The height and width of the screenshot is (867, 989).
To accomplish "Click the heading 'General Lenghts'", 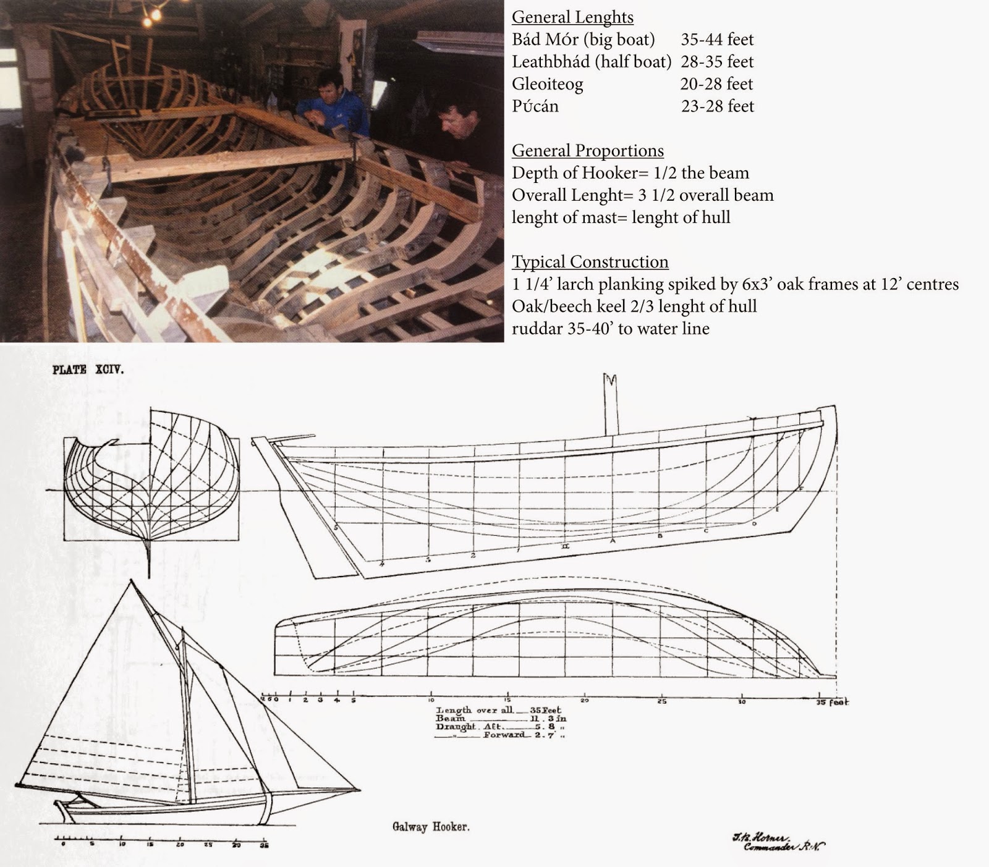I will [572, 17].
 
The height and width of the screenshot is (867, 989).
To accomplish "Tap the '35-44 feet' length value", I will [717, 40].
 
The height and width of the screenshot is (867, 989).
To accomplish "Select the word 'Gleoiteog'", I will [547, 84].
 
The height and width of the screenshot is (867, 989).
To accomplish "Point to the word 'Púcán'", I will [535, 106].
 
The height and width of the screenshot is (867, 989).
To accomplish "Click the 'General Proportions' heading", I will [588, 151].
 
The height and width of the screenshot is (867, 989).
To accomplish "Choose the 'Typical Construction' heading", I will [590, 262].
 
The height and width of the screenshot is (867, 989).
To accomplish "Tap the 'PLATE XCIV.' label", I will [88, 370].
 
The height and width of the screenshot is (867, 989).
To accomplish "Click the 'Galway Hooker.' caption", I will [430, 826].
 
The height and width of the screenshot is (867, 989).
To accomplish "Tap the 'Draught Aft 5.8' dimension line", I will [501, 727].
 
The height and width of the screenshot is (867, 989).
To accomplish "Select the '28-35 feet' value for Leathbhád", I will [717, 62].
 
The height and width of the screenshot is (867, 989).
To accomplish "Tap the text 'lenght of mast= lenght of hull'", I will [621, 218].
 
